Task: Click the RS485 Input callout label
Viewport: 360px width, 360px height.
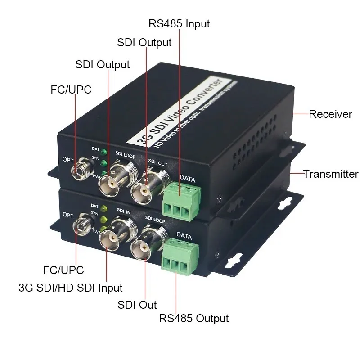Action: point(179,23)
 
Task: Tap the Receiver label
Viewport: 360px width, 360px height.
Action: point(330,114)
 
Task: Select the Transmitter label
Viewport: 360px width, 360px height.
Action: point(331,174)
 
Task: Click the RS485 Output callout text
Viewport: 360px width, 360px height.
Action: point(194,319)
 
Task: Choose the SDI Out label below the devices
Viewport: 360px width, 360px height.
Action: point(137,305)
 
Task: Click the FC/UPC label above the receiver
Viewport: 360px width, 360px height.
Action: point(71,90)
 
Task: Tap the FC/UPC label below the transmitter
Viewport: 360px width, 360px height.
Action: point(63,270)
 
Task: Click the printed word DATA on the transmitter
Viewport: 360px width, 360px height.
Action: point(184,236)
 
